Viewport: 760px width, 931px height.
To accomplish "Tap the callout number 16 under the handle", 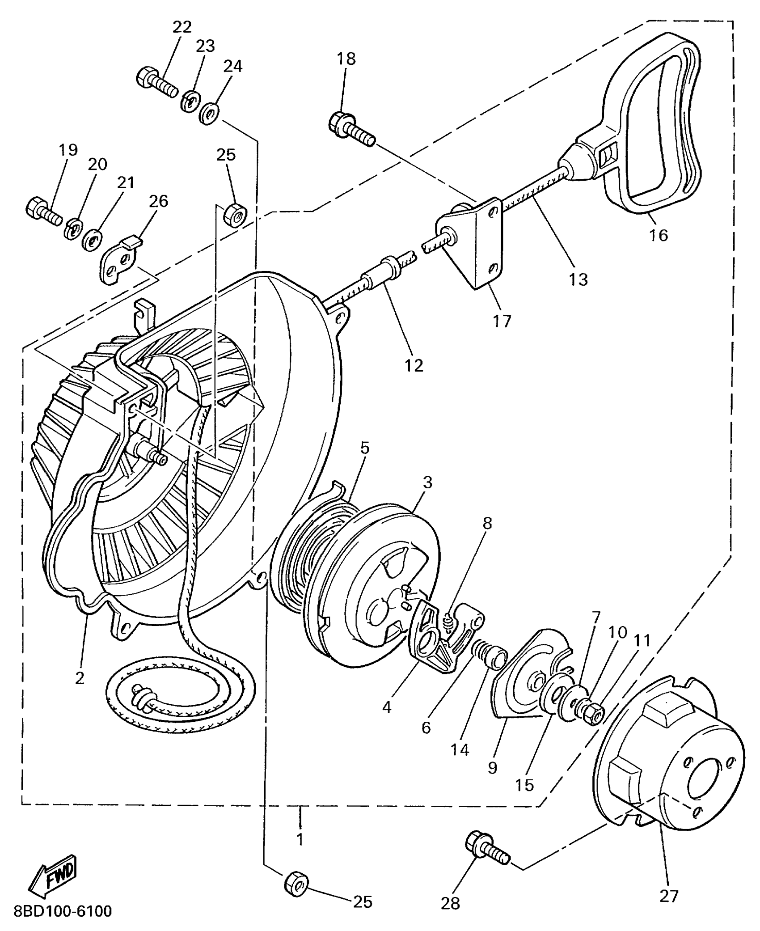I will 659,235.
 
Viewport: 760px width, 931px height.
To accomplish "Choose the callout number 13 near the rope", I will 578,279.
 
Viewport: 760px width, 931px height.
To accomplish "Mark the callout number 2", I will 80,678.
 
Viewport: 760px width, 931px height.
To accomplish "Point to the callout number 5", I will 365,448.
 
